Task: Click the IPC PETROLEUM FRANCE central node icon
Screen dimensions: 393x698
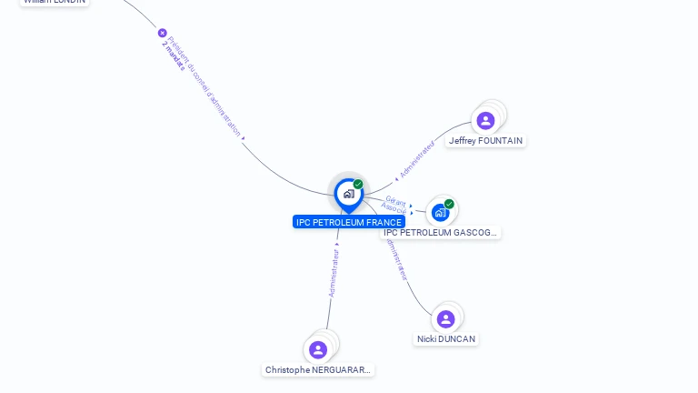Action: point(348,194)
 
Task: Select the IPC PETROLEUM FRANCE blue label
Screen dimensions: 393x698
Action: point(349,222)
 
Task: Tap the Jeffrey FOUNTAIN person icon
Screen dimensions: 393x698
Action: point(485,120)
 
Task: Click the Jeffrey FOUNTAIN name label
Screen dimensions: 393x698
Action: point(486,141)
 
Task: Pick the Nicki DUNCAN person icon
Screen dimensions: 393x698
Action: point(445,318)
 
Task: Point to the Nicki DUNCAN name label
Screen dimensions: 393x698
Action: point(446,339)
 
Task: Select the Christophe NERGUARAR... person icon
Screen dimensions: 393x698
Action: point(317,349)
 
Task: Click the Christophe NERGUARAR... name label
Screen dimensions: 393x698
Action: point(318,370)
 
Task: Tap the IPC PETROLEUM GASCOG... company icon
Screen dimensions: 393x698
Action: point(440,213)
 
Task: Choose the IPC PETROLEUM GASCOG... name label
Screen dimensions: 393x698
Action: point(441,233)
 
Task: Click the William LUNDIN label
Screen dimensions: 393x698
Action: point(55,2)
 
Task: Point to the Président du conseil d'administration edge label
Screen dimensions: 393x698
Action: point(205,87)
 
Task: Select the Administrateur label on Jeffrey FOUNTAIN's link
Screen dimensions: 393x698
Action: point(417,158)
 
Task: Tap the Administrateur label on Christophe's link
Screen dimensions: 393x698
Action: point(334,273)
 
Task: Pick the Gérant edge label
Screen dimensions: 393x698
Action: point(395,200)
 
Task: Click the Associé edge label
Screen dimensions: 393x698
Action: point(394,209)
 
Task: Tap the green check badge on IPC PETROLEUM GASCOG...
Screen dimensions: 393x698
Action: point(449,204)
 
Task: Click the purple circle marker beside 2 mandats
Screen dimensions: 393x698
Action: point(163,33)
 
